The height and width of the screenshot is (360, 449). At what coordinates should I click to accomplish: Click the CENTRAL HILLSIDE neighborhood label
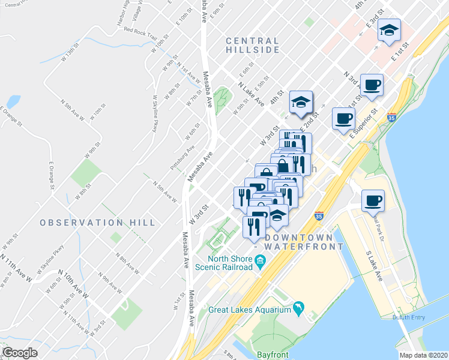[253, 44]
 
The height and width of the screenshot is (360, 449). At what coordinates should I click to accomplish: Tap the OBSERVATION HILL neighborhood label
[98, 223]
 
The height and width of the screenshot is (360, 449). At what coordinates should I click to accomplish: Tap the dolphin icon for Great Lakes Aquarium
[298, 309]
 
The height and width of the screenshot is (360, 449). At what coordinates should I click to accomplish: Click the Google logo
[20, 353]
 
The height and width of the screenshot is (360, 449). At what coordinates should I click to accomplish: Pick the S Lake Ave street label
[375, 265]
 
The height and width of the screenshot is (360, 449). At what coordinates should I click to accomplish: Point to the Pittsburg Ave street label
[182, 157]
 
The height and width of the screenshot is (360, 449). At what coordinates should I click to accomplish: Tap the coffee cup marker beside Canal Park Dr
[373, 201]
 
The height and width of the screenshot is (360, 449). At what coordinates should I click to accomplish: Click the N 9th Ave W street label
[112, 280]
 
